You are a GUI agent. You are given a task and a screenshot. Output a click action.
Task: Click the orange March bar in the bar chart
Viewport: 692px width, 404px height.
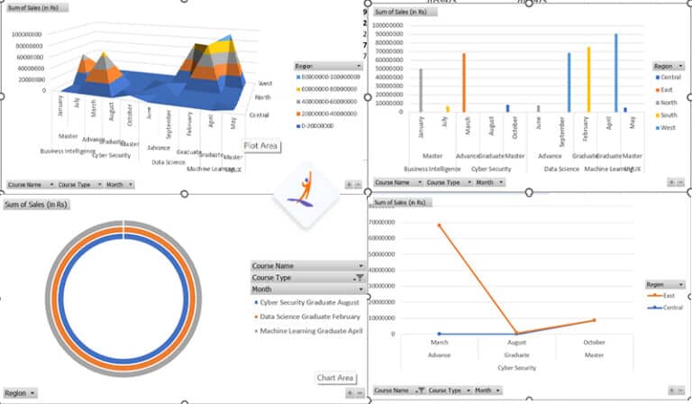464,83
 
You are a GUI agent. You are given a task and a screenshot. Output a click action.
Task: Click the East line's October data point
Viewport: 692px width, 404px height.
593,320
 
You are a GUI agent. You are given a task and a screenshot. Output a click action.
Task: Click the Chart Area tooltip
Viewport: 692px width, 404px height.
335,378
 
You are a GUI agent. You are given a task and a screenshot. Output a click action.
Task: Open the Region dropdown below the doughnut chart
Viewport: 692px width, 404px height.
20,393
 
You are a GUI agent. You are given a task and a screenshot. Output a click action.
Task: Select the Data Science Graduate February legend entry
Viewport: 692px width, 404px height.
309,317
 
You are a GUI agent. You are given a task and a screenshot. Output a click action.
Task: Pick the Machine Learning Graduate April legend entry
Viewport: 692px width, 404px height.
311,331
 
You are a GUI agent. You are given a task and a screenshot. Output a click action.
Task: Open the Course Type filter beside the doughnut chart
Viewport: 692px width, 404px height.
306,278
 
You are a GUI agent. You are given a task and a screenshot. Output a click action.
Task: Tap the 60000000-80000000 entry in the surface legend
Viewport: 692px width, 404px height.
331,89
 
